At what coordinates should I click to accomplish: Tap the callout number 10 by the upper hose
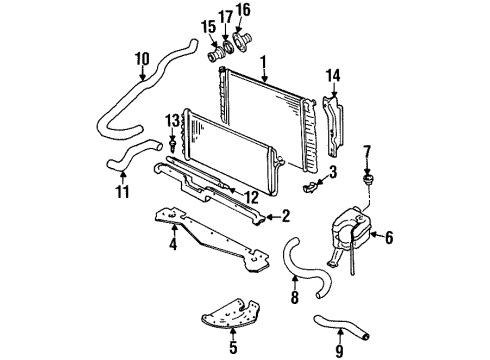(141, 58)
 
